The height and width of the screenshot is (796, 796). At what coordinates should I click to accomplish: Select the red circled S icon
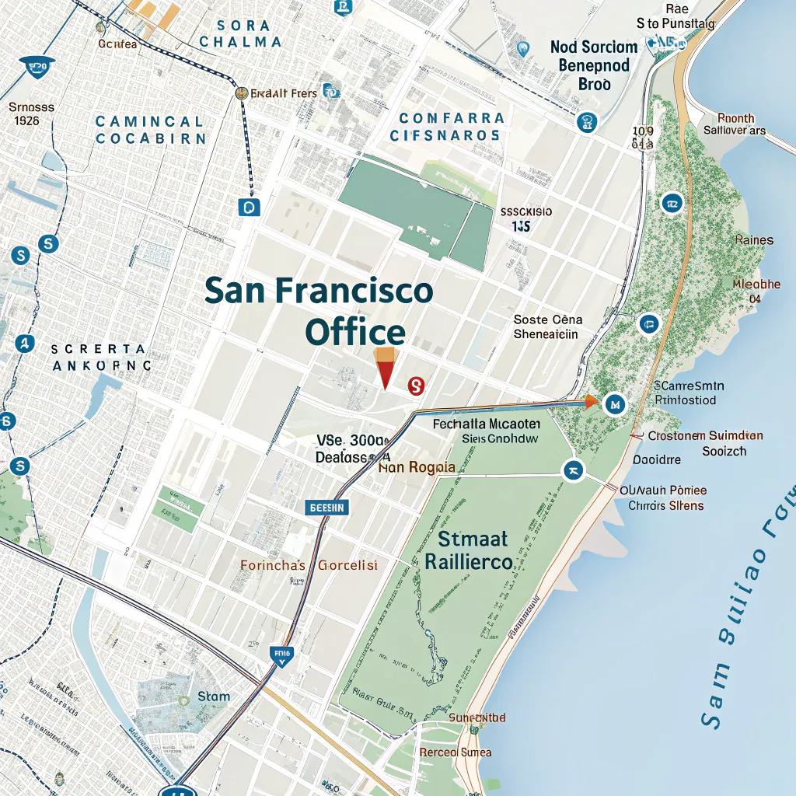pyautogui.click(x=415, y=384)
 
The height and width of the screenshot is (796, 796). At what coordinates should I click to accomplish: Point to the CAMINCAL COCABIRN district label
pyautogui.click(x=151, y=130)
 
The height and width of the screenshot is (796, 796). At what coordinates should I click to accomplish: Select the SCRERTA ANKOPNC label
pyautogui.click(x=101, y=357)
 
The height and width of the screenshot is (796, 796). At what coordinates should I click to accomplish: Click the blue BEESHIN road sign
pyautogui.click(x=327, y=507)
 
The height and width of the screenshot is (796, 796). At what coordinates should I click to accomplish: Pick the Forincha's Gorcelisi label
pyautogui.click(x=309, y=565)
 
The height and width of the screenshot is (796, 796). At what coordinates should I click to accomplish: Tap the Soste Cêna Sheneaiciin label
pyautogui.click(x=547, y=327)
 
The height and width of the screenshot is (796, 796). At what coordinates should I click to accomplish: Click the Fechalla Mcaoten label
pyautogui.click(x=485, y=431)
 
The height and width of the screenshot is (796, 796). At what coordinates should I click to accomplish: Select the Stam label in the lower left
pyautogui.click(x=214, y=696)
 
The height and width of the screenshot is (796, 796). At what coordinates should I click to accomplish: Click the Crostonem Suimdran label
pyautogui.click(x=704, y=443)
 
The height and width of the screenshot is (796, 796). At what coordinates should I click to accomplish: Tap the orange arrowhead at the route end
pyautogui.click(x=592, y=401)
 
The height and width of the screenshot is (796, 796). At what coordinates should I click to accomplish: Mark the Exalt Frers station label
pyautogui.click(x=284, y=93)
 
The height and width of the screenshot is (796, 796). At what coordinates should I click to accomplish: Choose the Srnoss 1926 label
pyautogui.click(x=31, y=114)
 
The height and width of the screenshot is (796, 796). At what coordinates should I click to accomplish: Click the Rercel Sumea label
pyautogui.click(x=455, y=752)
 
